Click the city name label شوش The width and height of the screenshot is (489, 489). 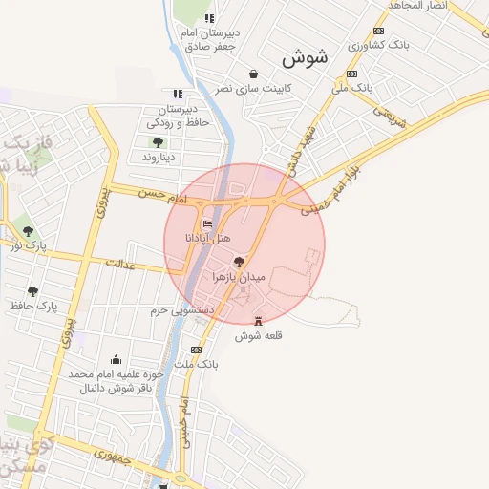(x=305, y=57)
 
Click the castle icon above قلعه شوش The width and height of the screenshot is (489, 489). (x=257, y=321)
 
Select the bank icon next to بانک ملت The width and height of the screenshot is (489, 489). (x=197, y=350)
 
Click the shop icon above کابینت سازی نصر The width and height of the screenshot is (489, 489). (x=253, y=74)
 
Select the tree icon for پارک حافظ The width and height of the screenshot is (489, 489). (x=33, y=291)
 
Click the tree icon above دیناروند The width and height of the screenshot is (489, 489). (x=158, y=142)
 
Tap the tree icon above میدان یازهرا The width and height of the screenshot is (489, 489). (x=239, y=261)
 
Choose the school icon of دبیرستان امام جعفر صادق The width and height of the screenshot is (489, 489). (x=210, y=18)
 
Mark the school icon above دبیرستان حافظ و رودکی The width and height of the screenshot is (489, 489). (x=178, y=95)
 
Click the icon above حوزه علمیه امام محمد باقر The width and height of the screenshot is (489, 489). (x=117, y=360)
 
